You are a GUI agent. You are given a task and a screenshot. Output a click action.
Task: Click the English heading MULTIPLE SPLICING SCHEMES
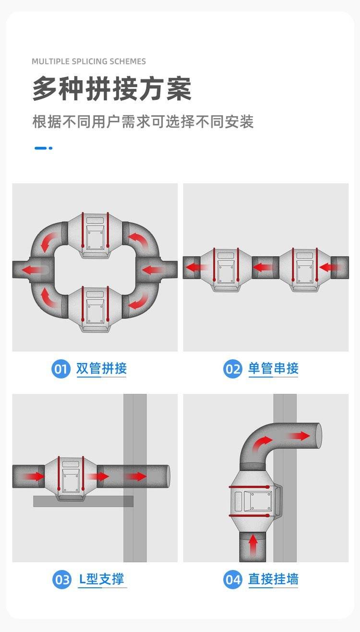point(89,61)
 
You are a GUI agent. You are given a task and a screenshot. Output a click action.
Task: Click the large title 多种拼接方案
point(112,89)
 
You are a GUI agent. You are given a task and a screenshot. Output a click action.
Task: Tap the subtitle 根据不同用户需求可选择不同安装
point(143,122)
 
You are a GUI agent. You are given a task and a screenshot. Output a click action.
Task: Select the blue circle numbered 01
point(60,369)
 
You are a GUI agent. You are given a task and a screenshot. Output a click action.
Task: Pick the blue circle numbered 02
point(233,369)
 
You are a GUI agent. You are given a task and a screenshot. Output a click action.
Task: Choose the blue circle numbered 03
point(62,580)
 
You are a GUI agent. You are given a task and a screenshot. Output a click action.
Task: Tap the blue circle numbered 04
point(233,580)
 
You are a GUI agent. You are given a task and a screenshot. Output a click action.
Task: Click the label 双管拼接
point(101,368)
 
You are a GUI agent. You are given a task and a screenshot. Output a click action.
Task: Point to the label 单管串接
point(273,368)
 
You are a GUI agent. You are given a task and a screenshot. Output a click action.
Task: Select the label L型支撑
point(102,579)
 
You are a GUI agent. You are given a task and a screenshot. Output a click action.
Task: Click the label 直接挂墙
point(273,579)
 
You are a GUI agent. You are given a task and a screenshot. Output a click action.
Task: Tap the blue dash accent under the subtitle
point(43,148)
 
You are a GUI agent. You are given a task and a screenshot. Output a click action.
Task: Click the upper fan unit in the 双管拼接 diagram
point(95,235)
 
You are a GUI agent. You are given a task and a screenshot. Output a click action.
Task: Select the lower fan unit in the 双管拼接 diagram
point(95,309)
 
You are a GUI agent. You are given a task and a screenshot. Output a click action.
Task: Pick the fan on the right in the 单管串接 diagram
point(305,269)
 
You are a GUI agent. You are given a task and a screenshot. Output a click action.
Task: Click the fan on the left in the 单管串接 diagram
point(226,269)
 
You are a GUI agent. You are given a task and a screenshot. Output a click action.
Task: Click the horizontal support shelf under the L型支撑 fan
point(83,501)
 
